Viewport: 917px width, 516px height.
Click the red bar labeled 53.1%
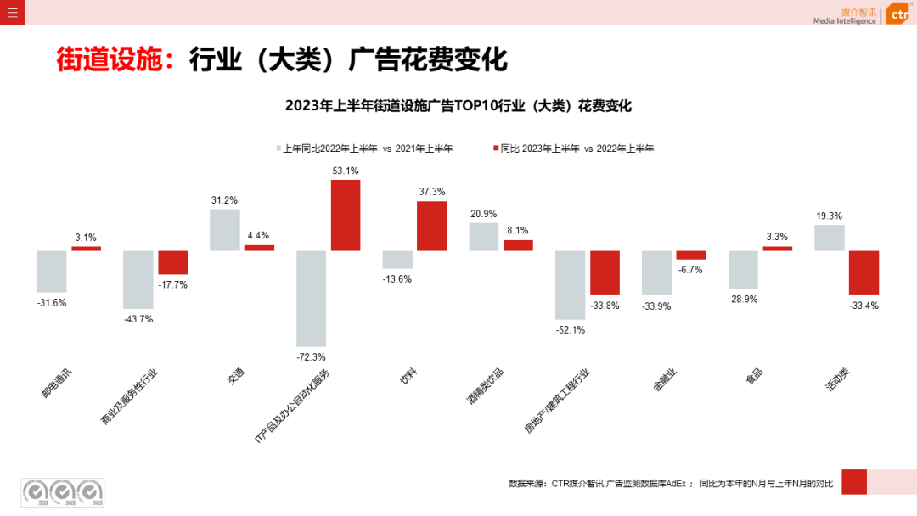point(346,216)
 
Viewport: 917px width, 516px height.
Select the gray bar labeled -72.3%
point(312,299)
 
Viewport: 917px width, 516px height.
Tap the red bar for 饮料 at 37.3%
point(431,226)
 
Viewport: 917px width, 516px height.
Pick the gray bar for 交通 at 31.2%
point(224,230)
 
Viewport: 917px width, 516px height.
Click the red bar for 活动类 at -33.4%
point(864,272)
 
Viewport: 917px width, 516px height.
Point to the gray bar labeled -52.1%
point(570,284)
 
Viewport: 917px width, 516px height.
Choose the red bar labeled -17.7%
point(172,262)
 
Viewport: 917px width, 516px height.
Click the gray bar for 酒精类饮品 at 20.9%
point(484,237)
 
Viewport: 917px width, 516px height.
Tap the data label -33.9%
point(656,306)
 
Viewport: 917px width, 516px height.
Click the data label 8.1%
point(518,229)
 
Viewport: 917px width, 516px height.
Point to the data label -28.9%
point(743,300)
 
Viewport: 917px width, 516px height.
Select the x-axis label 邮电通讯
point(57,384)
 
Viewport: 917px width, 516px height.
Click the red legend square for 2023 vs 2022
point(496,149)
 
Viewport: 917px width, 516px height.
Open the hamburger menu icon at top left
point(12,12)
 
